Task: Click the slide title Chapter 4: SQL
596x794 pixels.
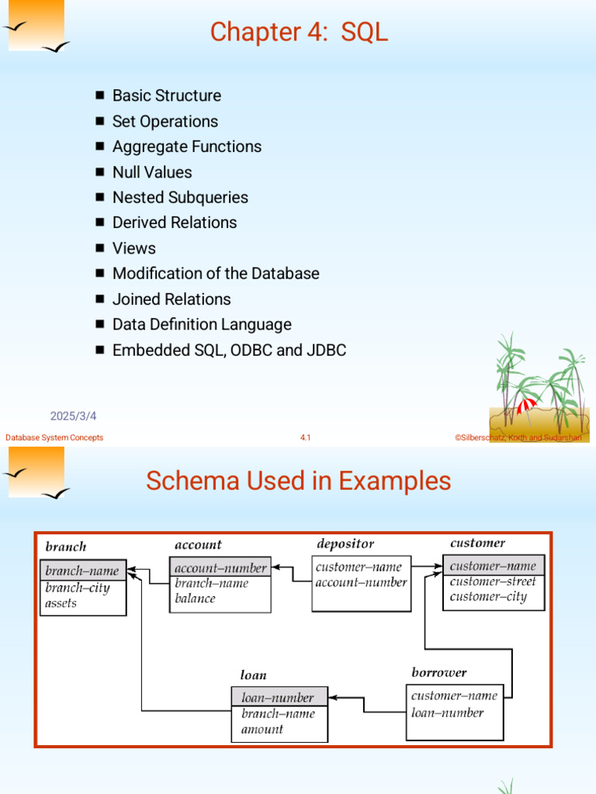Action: pyautogui.click(x=299, y=31)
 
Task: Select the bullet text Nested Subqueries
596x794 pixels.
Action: pyautogui.click(x=180, y=198)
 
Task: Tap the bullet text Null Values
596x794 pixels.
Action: pyautogui.click(x=152, y=172)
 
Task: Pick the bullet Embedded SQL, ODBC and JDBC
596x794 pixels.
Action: pyautogui.click(x=229, y=350)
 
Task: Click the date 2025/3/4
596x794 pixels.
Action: pyautogui.click(x=73, y=416)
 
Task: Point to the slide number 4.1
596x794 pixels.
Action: pyautogui.click(x=305, y=437)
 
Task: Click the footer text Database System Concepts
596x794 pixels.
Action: pyautogui.click(x=54, y=437)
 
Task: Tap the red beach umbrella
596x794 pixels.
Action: pyautogui.click(x=526, y=406)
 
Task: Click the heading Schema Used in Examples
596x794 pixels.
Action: pyautogui.click(x=299, y=481)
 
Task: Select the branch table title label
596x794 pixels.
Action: pyautogui.click(x=66, y=547)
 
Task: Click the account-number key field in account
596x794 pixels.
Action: pyautogui.click(x=220, y=568)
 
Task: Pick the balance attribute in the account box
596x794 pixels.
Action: pyautogui.click(x=195, y=599)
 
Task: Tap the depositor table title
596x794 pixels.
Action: pyautogui.click(x=345, y=544)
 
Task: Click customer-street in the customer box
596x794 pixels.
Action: pyautogui.click(x=493, y=582)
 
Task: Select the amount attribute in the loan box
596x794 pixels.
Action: pyautogui.click(x=262, y=729)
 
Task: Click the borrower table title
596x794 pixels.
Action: pyautogui.click(x=439, y=672)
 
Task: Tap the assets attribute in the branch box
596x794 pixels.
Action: pyautogui.click(x=61, y=603)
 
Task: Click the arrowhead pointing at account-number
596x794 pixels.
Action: pyautogui.click(x=275, y=567)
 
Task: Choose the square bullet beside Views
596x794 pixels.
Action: pyautogui.click(x=100, y=247)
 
